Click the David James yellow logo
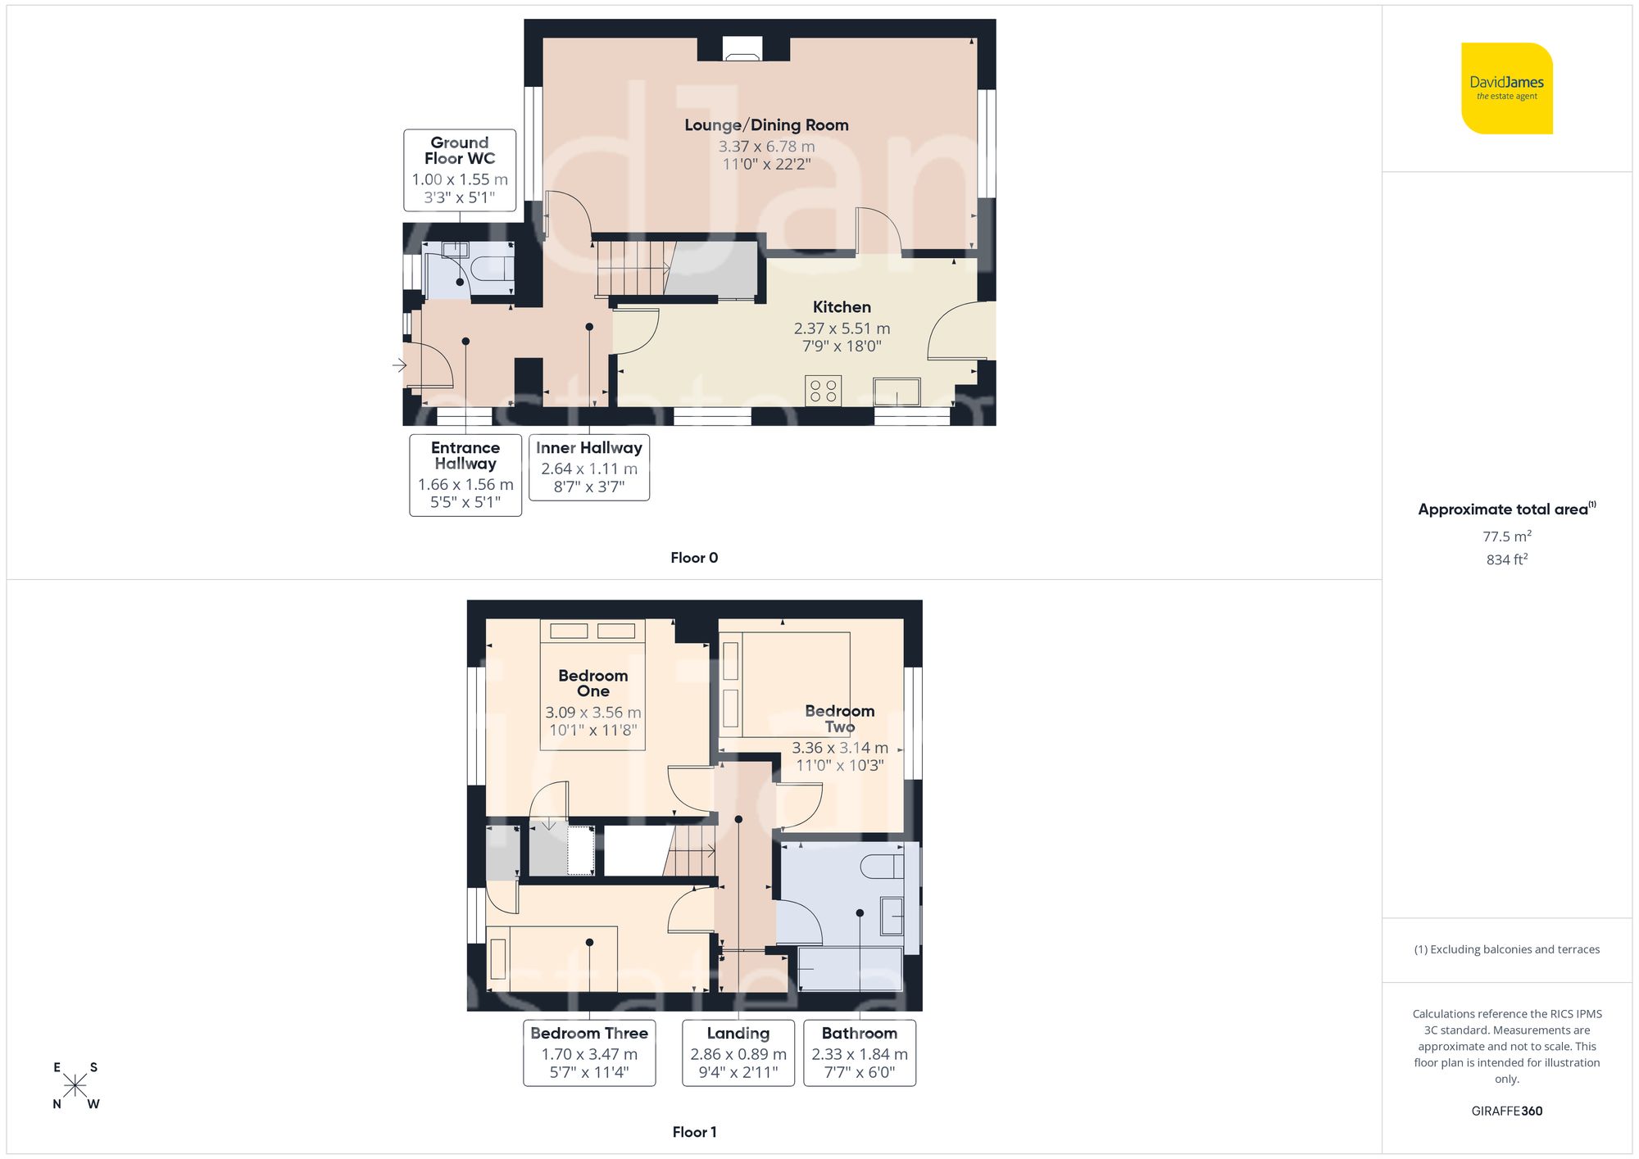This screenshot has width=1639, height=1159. [1506, 88]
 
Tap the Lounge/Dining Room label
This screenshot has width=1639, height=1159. [766, 125]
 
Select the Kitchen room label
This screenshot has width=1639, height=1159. [842, 307]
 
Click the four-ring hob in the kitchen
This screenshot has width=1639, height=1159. [824, 391]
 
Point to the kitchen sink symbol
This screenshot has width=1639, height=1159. [897, 392]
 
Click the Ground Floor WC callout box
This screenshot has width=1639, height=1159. [460, 170]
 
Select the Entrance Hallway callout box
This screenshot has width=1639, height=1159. [465, 475]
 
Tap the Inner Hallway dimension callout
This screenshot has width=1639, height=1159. [589, 467]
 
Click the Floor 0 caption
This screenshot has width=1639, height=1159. [694, 558]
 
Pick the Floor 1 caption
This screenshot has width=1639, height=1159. [694, 1132]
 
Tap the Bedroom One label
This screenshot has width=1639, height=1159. [592, 683]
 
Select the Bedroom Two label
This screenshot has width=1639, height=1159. [839, 718]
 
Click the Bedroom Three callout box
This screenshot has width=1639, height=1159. [589, 1053]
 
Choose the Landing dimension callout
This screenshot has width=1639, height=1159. [738, 1053]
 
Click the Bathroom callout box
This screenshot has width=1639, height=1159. [860, 1053]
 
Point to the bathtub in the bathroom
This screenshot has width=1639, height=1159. [851, 969]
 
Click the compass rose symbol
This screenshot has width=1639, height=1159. [75, 1086]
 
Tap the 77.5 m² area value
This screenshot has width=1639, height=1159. [1506, 536]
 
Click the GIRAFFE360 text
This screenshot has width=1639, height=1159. [1506, 1111]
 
